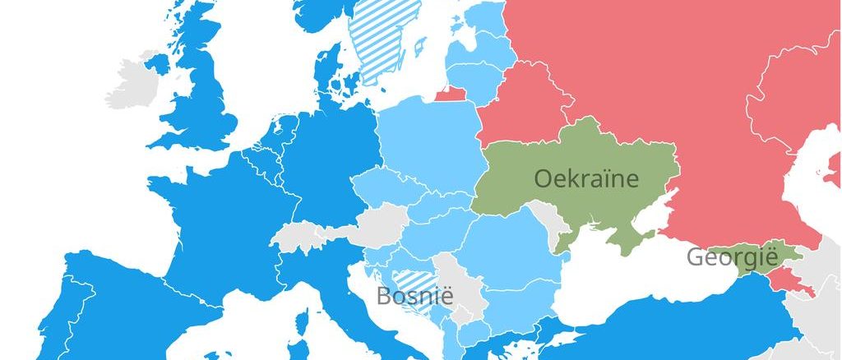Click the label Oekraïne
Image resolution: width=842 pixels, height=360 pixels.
click(585, 178)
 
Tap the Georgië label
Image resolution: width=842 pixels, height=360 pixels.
click(732, 258)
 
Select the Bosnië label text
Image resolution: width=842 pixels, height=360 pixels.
click(414, 295)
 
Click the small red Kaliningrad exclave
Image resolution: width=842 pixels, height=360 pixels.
click(450, 93)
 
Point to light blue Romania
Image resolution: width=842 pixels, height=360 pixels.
click(510, 247)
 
